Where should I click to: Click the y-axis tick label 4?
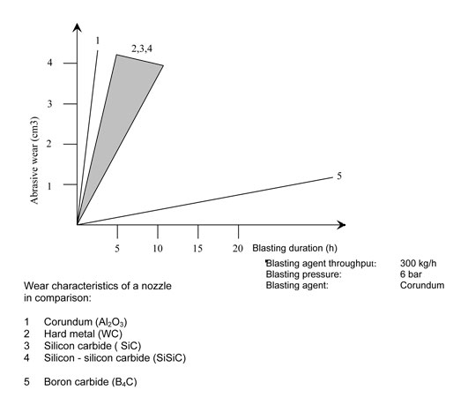pyautogui.click(x=49, y=63)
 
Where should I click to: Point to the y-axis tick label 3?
pyautogui.click(x=49, y=103)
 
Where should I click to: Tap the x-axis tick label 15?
pyautogui.click(x=197, y=249)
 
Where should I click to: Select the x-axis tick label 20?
pyautogui.click(x=238, y=249)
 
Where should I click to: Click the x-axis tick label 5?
pyautogui.click(x=117, y=249)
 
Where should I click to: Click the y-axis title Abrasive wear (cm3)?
pyautogui.click(x=34, y=161)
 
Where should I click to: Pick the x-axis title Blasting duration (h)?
pyautogui.click(x=294, y=248)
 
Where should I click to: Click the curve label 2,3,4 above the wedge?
pyautogui.click(x=142, y=49)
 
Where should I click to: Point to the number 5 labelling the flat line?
pyautogui.click(x=339, y=176)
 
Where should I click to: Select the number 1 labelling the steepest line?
pyautogui.click(x=98, y=41)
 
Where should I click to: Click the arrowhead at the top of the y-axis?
pyautogui.click(x=77, y=27)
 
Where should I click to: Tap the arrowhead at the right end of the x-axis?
pyautogui.click(x=341, y=225)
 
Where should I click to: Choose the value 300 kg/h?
pyautogui.click(x=418, y=263)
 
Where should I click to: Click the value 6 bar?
pyautogui.click(x=411, y=274)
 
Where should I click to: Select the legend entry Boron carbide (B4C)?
pyautogui.click(x=91, y=382)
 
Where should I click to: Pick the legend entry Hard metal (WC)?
pyautogui.click(x=83, y=334)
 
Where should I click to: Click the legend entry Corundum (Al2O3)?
pyautogui.click(x=85, y=322)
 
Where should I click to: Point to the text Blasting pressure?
pyautogui.click(x=304, y=274)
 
